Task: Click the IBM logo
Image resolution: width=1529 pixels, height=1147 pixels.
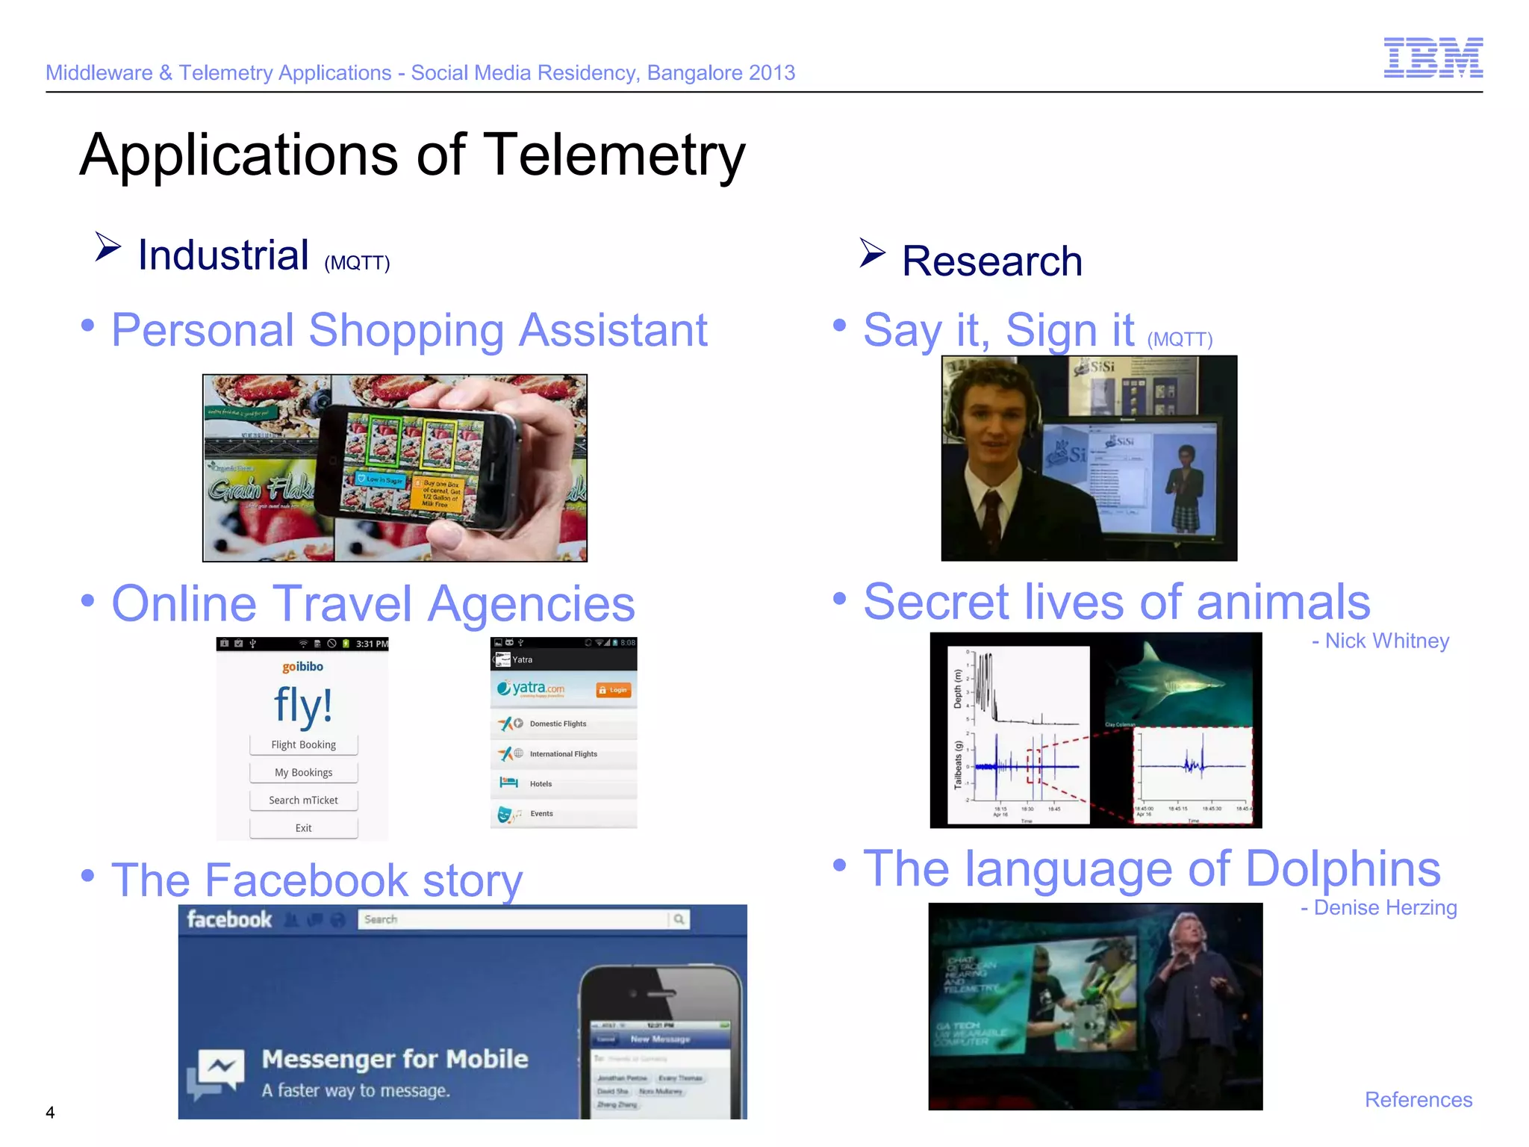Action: pyautogui.click(x=1433, y=57)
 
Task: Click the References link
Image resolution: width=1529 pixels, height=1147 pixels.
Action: pyautogui.click(x=1418, y=1099)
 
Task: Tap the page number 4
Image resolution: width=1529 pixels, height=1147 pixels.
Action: pyautogui.click(x=50, y=1112)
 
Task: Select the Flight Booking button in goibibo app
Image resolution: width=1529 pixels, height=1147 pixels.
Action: pyautogui.click(x=303, y=745)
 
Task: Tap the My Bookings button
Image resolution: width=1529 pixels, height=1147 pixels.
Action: pyautogui.click(x=303, y=772)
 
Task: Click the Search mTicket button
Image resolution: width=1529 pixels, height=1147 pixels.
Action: pyautogui.click(x=303, y=800)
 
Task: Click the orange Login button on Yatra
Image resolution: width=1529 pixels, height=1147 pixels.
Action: pyautogui.click(x=614, y=690)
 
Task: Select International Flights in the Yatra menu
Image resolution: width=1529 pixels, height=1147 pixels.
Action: pyautogui.click(x=564, y=753)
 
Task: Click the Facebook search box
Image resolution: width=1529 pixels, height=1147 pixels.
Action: pyautogui.click(x=515, y=919)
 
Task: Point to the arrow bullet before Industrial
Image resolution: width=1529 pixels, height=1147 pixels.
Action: pyautogui.click(x=108, y=247)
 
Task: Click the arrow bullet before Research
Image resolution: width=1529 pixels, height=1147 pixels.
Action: pyautogui.click(x=872, y=253)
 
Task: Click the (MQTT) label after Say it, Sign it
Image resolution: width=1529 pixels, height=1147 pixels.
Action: pyautogui.click(x=1180, y=340)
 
